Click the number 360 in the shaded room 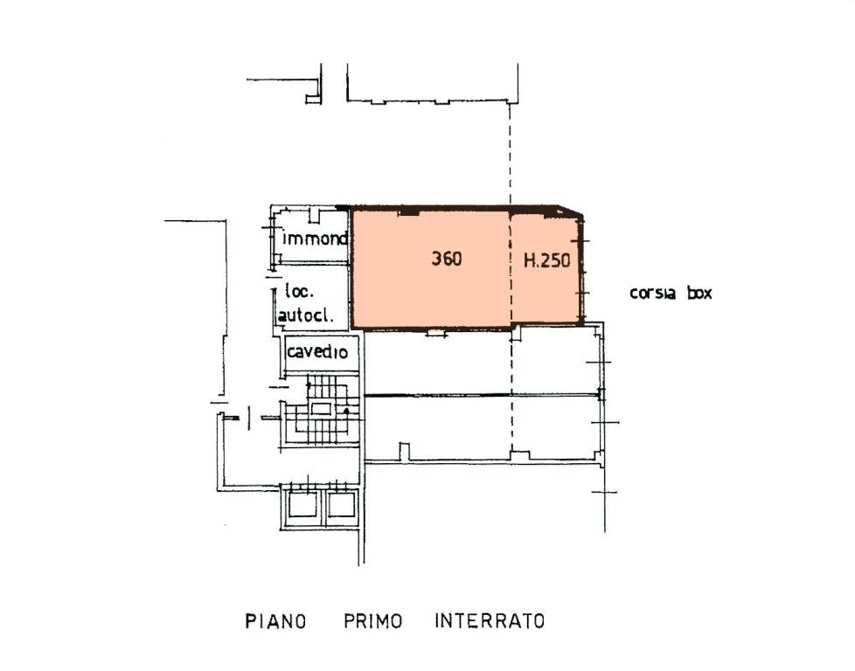click(x=447, y=259)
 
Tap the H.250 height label click(x=547, y=260)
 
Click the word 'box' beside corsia click(x=699, y=293)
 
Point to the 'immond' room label click(x=315, y=239)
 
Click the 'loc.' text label click(x=299, y=291)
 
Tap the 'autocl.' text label click(x=305, y=315)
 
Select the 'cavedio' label click(x=316, y=351)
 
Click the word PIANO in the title click(x=275, y=621)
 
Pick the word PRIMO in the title click(x=373, y=621)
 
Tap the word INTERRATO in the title click(x=490, y=621)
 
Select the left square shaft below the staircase click(x=302, y=505)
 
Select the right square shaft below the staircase click(x=341, y=505)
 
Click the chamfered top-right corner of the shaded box click(x=570, y=211)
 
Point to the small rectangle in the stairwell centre click(x=321, y=408)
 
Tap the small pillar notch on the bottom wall click(x=404, y=452)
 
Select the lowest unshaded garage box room click(x=482, y=428)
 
